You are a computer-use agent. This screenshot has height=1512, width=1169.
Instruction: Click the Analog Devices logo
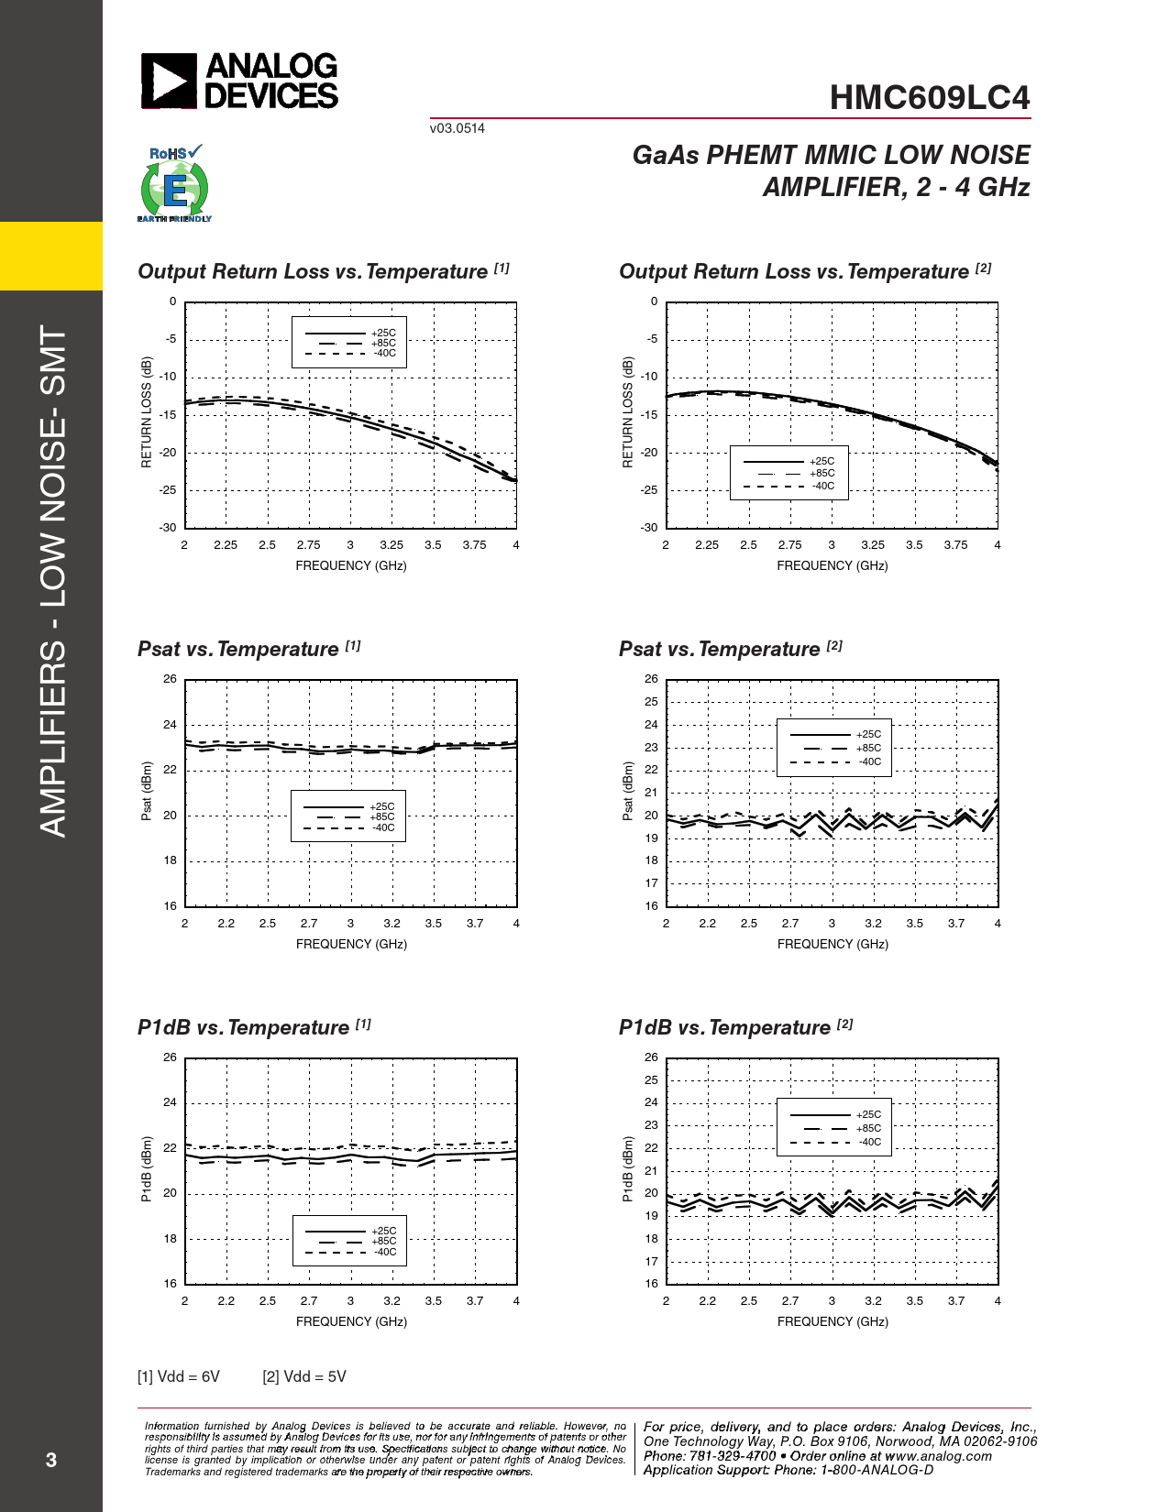pyautogui.click(x=239, y=82)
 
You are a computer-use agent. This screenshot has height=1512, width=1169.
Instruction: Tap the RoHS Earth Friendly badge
pyautogui.click(x=174, y=184)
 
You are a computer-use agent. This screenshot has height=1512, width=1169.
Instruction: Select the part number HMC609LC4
pyautogui.click(x=929, y=98)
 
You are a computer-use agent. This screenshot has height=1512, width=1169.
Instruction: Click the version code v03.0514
pyautogui.click(x=457, y=128)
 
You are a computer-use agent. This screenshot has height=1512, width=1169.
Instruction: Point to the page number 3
pyautogui.click(x=51, y=1460)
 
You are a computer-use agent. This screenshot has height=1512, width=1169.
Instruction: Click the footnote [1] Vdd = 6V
pyautogui.click(x=179, y=1376)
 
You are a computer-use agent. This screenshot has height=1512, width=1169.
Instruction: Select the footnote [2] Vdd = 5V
pyautogui.click(x=304, y=1376)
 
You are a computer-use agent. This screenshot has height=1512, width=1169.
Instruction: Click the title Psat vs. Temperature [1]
pyautogui.click(x=248, y=649)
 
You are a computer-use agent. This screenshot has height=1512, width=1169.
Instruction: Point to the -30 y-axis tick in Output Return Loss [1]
pyautogui.click(x=167, y=528)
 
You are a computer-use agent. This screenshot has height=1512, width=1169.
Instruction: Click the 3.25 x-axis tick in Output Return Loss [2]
pyautogui.click(x=873, y=545)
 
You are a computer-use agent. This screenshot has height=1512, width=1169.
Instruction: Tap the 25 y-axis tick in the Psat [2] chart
pyautogui.click(x=651, y=702)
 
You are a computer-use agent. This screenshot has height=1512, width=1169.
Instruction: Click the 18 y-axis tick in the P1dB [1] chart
pyautogui.click(x=170, y=1239)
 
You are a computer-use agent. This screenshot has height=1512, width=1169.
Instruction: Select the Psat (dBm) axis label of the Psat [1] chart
pyautogui.click(x=147, y=791)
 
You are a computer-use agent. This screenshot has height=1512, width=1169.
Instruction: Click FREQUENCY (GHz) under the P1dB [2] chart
pyautogui.click(x=833, y=1321)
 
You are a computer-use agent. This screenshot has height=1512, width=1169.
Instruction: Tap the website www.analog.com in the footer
pyautogui.click(x=938, y=1456)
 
